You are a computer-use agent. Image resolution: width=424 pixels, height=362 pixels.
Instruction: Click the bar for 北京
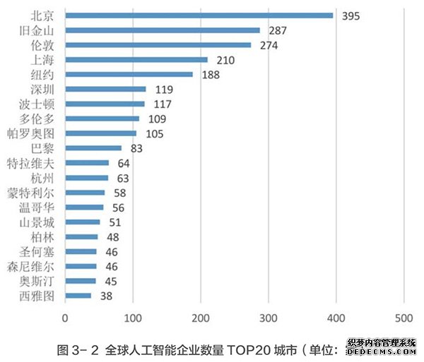(199, 15)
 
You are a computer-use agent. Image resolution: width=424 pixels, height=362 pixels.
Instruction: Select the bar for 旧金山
(163, 30)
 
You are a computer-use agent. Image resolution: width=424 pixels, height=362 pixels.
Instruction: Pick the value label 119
(163, 90)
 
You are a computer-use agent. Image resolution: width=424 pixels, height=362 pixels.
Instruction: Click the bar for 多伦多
(102, 119)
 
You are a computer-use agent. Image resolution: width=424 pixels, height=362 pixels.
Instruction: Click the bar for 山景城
(82, 222)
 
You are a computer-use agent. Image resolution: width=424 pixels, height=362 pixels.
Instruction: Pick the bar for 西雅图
(78, 296)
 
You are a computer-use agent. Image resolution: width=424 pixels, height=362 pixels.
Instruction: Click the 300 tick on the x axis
(269, 318)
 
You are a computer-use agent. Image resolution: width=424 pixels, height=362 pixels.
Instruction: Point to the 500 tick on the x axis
(404, 318)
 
